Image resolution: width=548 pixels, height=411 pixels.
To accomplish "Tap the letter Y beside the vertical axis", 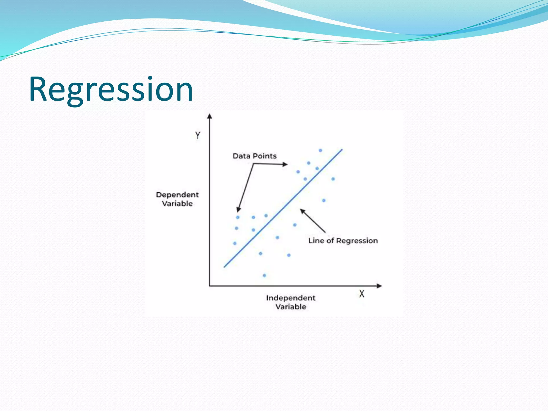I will (x=197, y=135).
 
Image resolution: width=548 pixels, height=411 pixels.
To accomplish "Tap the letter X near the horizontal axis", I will (x=361, y=294).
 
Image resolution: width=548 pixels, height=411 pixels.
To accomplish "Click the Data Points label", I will (x=254, y=156).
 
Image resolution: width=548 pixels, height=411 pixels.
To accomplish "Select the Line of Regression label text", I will (x=343, y=241).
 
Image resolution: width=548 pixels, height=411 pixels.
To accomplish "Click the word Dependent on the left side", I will (x=177, y=195).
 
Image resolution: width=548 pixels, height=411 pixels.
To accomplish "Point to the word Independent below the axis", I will (x=291, y=298).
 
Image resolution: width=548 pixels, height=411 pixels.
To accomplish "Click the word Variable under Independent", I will (x=291, y=307).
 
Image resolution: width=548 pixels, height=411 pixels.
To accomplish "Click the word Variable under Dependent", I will (x=177, y=204).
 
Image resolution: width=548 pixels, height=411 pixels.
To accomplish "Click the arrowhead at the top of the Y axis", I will (x=210, y=116).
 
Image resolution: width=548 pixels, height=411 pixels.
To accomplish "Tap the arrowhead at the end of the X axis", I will (x=379, y=286).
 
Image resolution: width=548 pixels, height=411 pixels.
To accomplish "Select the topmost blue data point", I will (x=320, y=150).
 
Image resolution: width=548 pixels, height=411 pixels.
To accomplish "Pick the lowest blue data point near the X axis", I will (x=264, y=275).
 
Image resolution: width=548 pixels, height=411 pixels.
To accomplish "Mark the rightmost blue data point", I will (x=333, y=179).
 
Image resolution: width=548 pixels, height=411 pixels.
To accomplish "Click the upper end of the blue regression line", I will (x=342, y=150).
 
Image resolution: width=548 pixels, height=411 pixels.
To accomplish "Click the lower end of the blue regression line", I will (x=225, y=267).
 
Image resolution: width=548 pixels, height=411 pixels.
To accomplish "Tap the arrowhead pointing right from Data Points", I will (x=285, y=164).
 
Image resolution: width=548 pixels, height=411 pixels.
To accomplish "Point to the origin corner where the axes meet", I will (x=210, y=286).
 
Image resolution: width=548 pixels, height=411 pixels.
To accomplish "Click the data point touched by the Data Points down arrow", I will (x=238, y=217).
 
